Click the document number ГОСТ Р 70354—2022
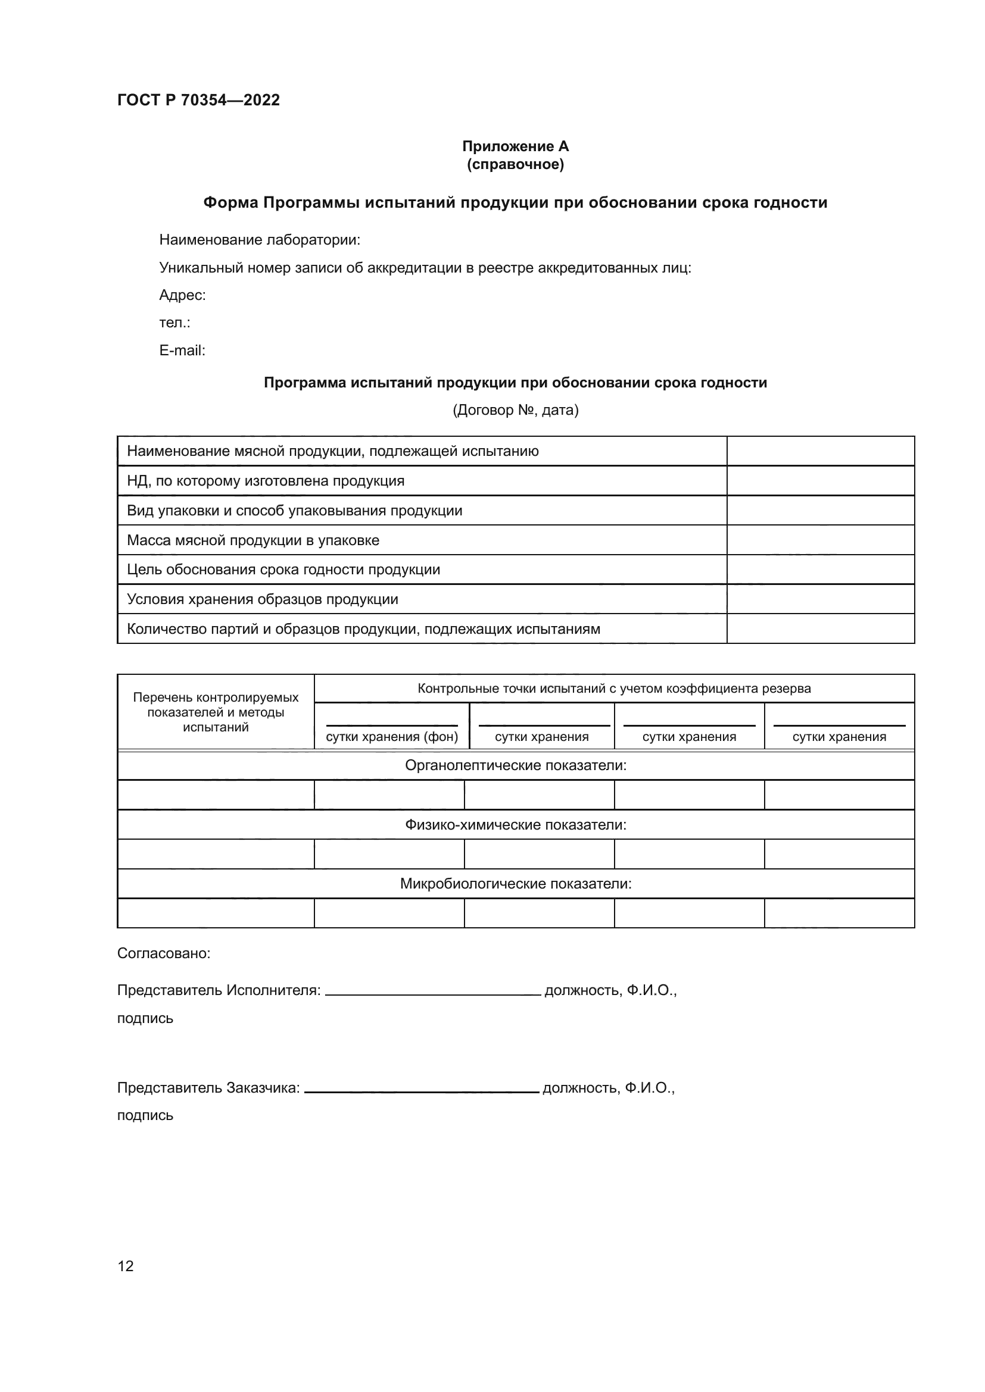tap(198, 100)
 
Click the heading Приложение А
tap(515, 146)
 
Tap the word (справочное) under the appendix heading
tap(515, 165)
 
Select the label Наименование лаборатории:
tap(260, 240)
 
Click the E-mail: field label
tap(182, 351)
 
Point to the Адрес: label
tap(182, 295)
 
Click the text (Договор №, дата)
tap(515, 411)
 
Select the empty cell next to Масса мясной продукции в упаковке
tap(820, 540)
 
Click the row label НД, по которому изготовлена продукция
tap(266, 481)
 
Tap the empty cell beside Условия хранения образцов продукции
tap(820, 599)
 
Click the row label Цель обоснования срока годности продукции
tap(283, 570)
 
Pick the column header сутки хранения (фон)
tap(392, 737)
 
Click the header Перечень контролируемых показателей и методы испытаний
tap(216, 712)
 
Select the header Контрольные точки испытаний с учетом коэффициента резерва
tap(614, 689)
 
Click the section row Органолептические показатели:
tap(516, 766)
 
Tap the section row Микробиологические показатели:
tap(516, 884)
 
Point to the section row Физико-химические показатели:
tap(516, 825)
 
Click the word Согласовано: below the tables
tap(164, 953)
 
